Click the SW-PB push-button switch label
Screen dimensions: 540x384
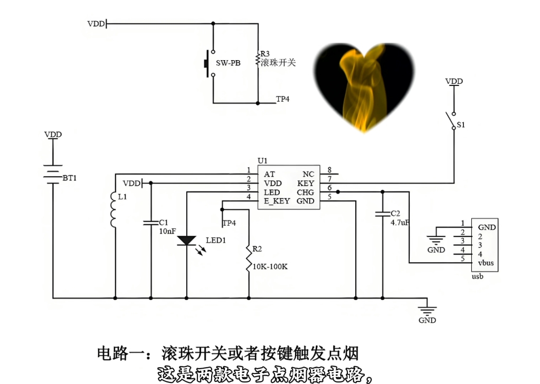[x=228, y=63]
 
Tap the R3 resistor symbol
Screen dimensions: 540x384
[x=258, y=59]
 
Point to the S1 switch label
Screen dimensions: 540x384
[x=461, y=124]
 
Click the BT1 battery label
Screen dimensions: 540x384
[x=69, y=178]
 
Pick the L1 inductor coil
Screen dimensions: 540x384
[x=113, y=209]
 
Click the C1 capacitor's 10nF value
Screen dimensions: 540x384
[x=167, y=231]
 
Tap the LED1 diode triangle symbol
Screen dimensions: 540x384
[x=187, y=241]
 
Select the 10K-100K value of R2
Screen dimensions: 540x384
[x=270, y=267]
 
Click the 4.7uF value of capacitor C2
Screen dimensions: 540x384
[x=400, y=223]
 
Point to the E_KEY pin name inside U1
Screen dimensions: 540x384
[x=277, y=201]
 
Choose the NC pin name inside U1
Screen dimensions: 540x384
[x=308, y=174]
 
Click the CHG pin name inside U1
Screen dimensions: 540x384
[x=306, y=192]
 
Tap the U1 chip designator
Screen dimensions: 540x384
[x=262, y=161]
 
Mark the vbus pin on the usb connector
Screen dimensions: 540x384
[x=486, y=263]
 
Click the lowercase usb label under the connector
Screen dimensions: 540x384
[x=477, y=276]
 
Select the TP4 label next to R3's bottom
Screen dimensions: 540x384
[x=283, y=99]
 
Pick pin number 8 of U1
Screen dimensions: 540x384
[x=329, y=170]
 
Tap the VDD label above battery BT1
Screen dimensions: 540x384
[x=53, y=135]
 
